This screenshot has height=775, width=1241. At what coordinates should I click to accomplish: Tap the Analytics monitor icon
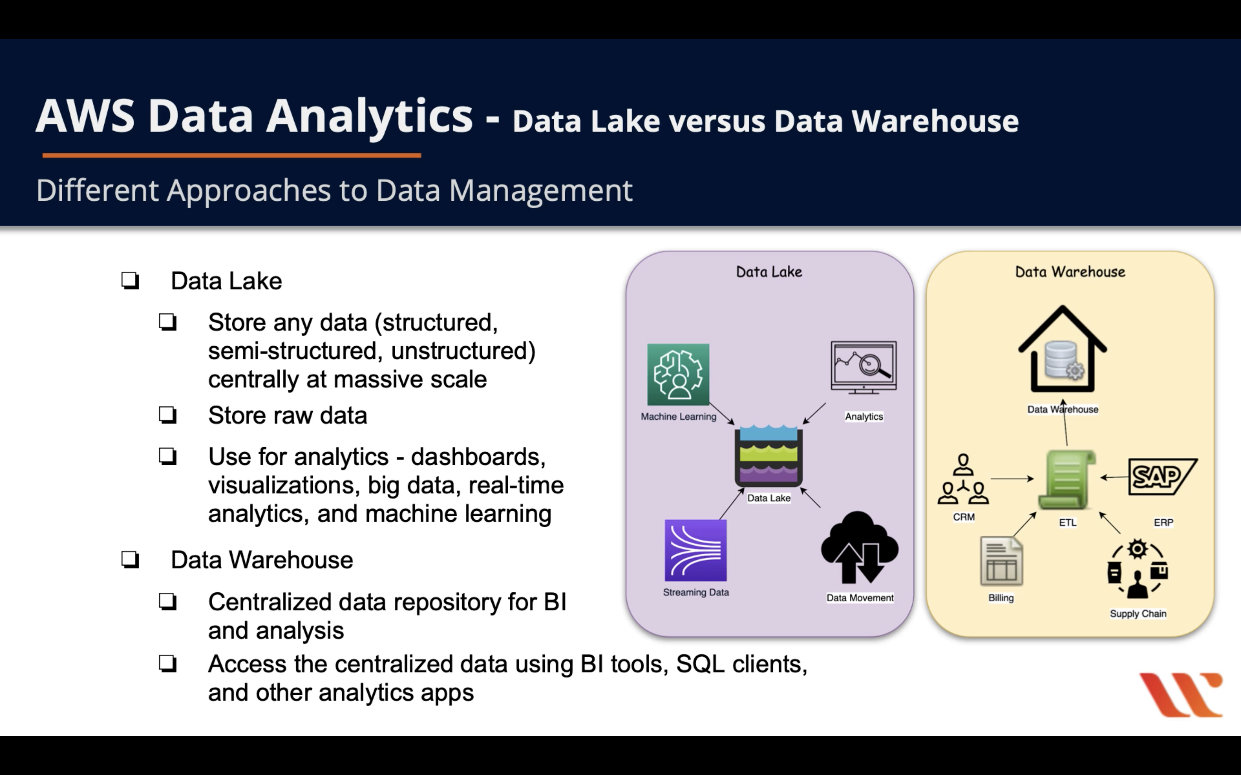pyautogui.click(x=864, y=367)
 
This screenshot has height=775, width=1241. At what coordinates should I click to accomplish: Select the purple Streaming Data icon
pyautogui.click(x=695, y=550)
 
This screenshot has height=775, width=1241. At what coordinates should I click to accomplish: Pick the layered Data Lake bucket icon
pyautogui.click(x=768, y=456)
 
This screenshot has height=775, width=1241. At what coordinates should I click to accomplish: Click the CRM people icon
pyautogui.click(x=963, y=480)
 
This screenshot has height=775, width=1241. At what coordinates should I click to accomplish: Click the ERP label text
pyautogui.click(x=1163, y=522)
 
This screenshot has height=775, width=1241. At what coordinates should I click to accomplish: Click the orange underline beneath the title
pyautogui.click(x=232, y=155)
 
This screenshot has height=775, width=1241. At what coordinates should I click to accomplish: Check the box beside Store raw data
pyautogui.click(x=168, y=415)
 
